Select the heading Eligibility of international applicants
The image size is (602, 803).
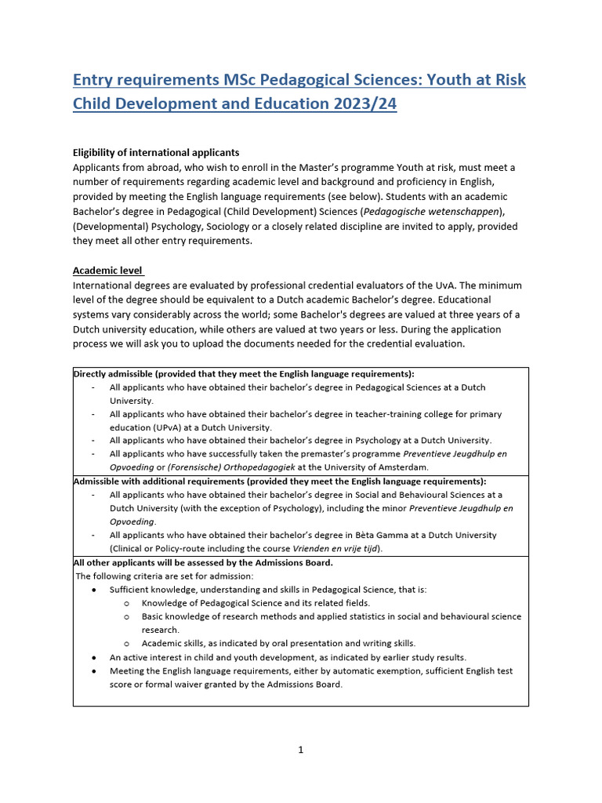[x=156, y=152]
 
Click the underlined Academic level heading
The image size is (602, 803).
[x=107, y=271]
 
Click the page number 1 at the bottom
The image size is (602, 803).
[x=300, y=750]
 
